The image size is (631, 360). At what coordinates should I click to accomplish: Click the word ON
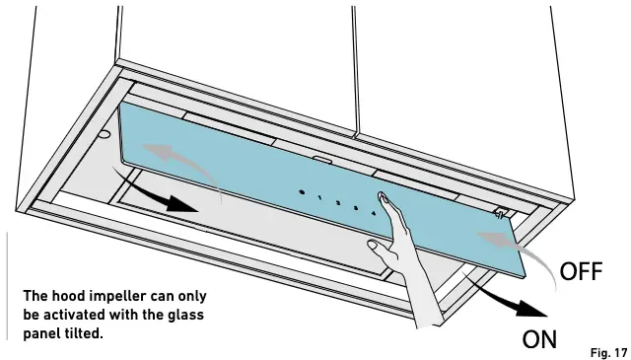click(540, 340)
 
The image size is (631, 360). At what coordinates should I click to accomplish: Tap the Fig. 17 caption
click(607, 350)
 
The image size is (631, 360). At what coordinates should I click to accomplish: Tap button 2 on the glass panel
click(338, 201)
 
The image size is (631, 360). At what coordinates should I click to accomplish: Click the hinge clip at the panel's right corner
click(500, 211)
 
